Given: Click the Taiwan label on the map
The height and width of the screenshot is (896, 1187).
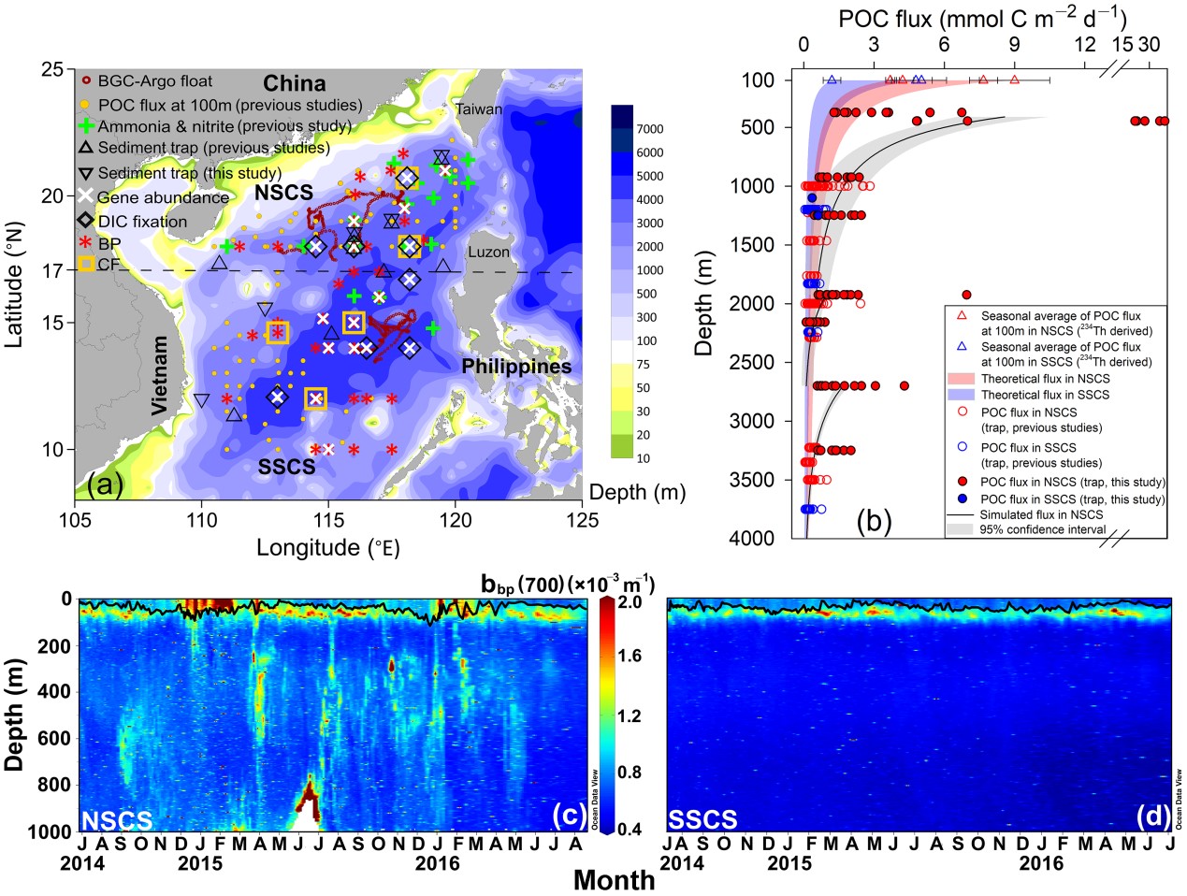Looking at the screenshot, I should (x=479, y=108).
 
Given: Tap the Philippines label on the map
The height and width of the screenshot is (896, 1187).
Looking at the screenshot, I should (x=516, y=367).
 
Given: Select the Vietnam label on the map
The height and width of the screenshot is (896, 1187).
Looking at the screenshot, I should (x=160, y=375).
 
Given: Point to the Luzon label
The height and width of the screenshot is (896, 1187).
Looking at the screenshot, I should (x=488, y=252).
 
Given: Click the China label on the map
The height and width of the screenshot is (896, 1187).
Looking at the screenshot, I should (x=294, y=83).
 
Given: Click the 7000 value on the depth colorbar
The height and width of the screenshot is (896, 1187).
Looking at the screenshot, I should (x=650, y=129).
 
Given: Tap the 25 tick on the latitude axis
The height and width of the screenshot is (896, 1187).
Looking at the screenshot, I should (x=53, y=70).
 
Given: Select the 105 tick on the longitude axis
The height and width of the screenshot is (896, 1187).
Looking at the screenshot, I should (x=75, y=519).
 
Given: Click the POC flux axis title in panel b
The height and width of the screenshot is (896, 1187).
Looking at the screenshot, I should (x=982, y=19).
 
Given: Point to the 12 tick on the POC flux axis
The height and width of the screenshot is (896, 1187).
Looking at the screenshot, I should (x=1084, y=45).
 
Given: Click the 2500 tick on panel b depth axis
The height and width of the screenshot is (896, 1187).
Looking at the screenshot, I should (x=755, y=362).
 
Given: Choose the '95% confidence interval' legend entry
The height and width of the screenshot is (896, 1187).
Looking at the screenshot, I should (x=1042, y=529).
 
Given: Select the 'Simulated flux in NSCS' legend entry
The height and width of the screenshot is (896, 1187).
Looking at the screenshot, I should (x=1041, y=514).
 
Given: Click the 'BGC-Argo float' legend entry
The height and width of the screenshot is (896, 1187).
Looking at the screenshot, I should (x=154, y=81).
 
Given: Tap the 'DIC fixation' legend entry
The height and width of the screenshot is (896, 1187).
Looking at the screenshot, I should (x=142, y=222).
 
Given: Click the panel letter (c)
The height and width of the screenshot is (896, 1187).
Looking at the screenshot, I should (x=569, y=816).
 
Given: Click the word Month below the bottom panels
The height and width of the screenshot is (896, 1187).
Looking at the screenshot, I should (x=614, y=879).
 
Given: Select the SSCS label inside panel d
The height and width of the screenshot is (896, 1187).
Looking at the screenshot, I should (x=702, y=820).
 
